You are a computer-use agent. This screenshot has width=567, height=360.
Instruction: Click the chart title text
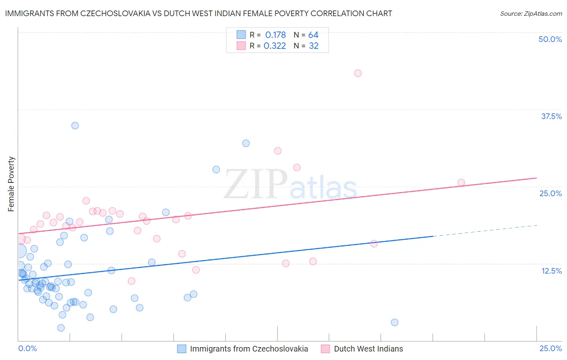(198, 13)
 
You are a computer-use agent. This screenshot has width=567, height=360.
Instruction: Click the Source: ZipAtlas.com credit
(531, 14)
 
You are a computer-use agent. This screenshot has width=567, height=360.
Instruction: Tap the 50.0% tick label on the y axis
(550, 39)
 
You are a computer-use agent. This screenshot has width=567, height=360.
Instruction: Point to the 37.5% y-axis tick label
(551, 116)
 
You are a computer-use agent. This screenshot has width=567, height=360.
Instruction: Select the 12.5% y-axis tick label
(551, 271)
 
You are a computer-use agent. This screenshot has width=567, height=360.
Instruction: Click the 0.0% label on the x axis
(27, 348)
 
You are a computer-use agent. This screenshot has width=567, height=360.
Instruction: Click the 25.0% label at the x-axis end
(550, 348)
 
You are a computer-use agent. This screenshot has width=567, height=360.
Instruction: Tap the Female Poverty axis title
(11, 184)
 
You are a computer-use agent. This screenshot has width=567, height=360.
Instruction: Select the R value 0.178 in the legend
(275, 35)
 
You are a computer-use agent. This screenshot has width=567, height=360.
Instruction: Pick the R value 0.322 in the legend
(275, 46)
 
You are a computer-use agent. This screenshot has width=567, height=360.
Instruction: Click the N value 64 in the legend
(313, 35)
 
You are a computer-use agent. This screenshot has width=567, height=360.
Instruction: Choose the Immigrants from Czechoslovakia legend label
(249, 349)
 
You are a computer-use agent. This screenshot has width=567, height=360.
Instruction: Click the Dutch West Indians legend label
(368, 349)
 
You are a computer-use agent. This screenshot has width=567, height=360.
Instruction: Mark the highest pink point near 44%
(358, 73)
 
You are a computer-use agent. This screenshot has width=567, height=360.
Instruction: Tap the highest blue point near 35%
(75, 126)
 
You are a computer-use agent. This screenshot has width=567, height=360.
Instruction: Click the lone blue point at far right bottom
(395, 322)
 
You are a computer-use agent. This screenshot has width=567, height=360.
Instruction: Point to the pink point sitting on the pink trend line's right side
(461, 182)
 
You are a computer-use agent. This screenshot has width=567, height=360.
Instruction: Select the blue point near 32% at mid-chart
(246, 143)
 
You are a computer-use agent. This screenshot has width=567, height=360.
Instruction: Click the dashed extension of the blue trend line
(484, 230)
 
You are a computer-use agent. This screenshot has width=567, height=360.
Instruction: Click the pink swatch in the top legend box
(241, 46)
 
